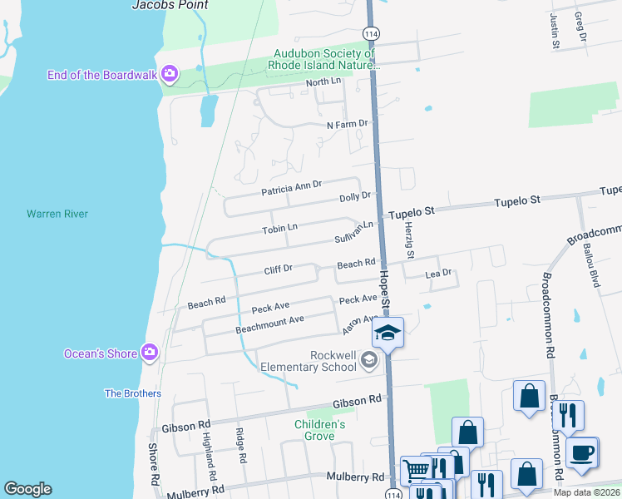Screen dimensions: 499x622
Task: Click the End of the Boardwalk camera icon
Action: [170, 75]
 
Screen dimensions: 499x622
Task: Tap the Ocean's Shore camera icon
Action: [150, 353]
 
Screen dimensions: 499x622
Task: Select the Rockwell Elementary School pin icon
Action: [370, 360]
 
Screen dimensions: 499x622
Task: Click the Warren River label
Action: [57, 214]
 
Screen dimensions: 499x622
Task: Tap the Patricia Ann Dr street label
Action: [291, 187]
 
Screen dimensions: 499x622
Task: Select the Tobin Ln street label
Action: [279, 228]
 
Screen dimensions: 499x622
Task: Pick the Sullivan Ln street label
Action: [354, 230]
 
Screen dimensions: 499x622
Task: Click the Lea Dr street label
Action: [437, 273]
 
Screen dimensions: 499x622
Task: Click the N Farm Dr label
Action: [347, 125]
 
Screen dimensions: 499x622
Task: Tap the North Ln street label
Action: [323, 82]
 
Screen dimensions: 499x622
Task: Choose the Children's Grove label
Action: [320, 430]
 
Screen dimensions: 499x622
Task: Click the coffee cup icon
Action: [581, 452]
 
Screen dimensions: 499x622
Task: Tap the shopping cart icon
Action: [416, 471]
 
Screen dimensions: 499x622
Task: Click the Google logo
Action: [27, 489]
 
